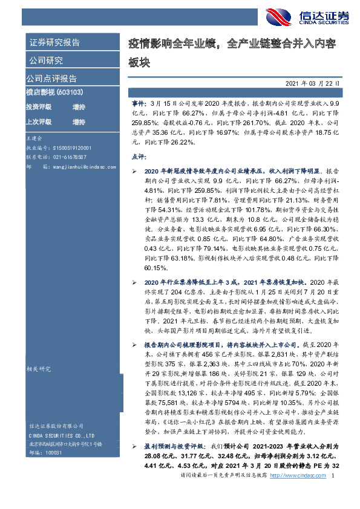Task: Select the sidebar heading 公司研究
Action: pyautogui.click(x=46, y=60)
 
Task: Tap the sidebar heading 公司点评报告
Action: pyautogui.click(x=51, y=79)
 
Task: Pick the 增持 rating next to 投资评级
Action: pyautogui.click(x=79, y=107)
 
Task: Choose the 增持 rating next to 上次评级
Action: pyautogui.click(x=79, y=122)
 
